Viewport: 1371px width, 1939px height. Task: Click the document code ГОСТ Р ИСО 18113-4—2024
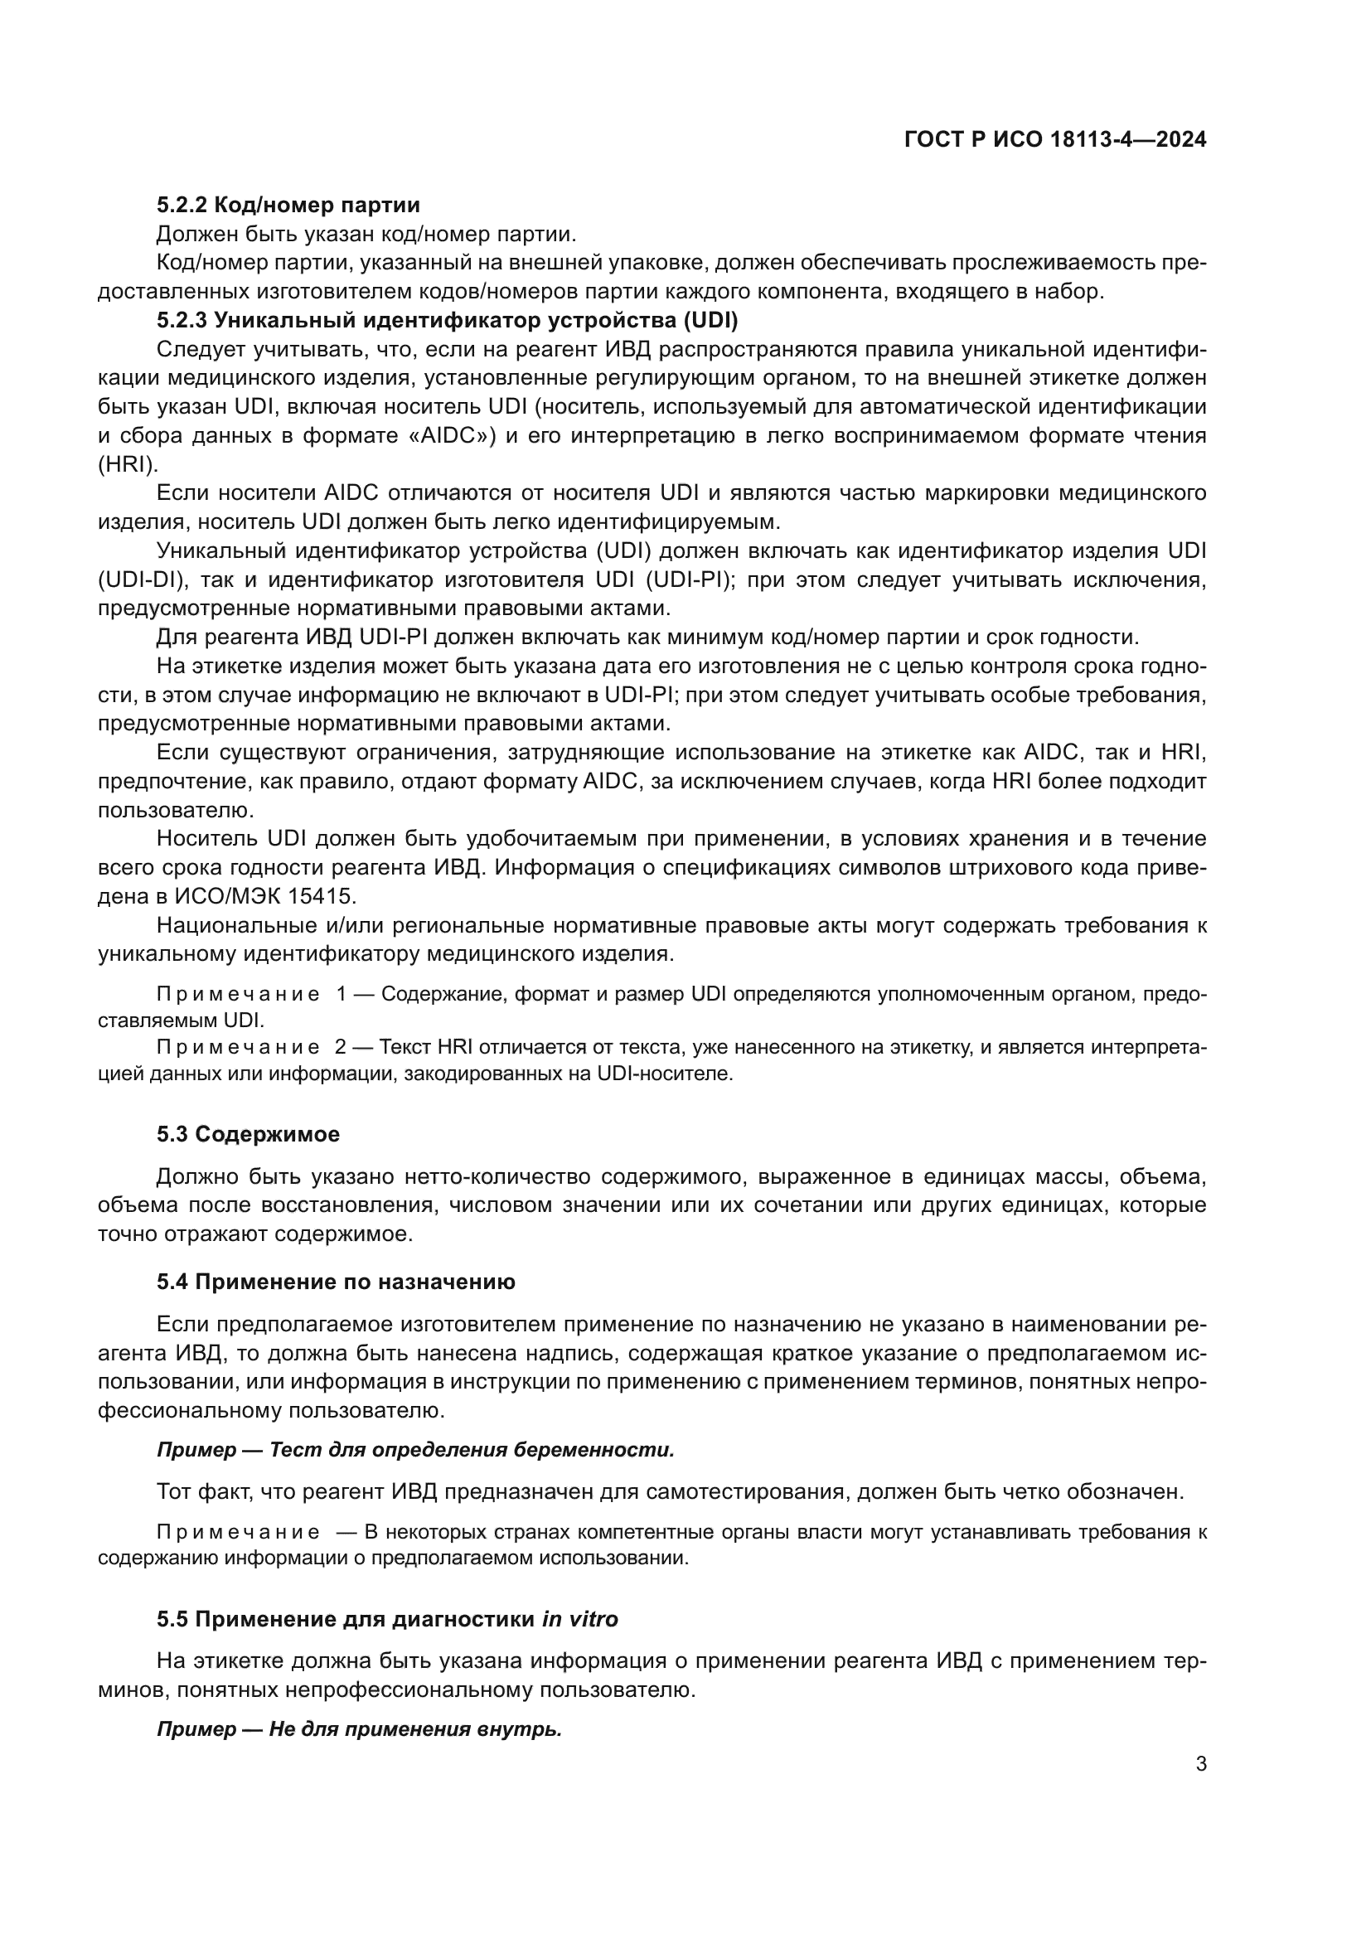(x=1054, y=139)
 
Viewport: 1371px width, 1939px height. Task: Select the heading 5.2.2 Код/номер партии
(x=288, y=205)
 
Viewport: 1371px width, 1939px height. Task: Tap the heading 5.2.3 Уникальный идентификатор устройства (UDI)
(x=447, y=320)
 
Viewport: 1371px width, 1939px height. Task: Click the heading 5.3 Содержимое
(x=247, y=1134)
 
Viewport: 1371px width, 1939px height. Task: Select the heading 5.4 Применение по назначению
(x=335, y=1282)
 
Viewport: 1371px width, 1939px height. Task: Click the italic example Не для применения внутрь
(x=414, y=1729)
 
